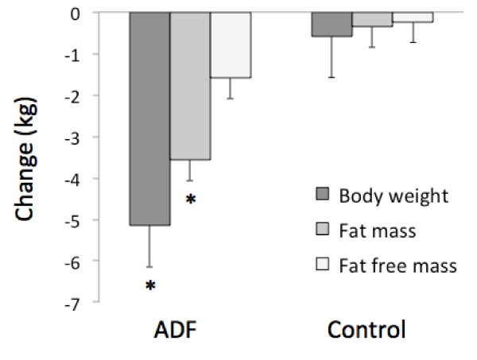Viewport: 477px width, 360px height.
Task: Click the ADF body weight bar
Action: click(149, 119)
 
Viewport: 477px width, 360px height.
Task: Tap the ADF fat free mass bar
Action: click(231, 45)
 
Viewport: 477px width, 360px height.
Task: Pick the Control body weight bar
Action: click(331, 25)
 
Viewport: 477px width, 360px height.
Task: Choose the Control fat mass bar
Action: click(371, 20)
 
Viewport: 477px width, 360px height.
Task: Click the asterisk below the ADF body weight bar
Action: click(150, 285)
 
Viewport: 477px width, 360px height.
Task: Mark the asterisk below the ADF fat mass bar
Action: click(191, 199)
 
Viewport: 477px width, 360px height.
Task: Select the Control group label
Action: click(370, 329)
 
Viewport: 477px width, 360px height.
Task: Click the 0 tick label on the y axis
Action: click(95, 14)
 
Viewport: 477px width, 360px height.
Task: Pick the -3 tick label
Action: click(92, 137)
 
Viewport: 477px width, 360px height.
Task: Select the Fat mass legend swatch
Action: click(323, 230)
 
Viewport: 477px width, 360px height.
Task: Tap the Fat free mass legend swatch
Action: click(323, 265)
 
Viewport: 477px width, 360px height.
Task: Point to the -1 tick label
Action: click(92, 55)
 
